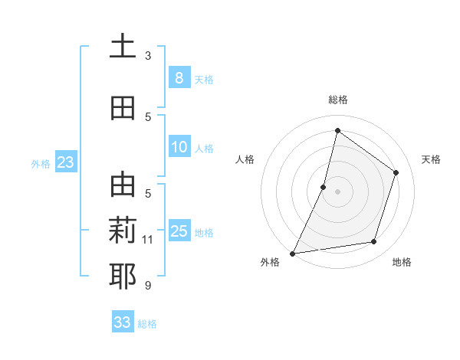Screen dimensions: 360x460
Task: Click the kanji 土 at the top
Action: (x=123, y=46)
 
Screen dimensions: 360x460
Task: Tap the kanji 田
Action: (x=123, y=108)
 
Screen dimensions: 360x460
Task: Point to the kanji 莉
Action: (x=123, y=231)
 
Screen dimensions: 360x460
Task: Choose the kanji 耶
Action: (x=123, y=276)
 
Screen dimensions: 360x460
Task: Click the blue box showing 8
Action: (x=179, y=77)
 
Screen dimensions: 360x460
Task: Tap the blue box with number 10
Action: (x=179, y=147)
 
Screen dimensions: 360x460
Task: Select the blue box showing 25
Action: (x=179, y=231)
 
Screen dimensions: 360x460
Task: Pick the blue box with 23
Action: (x=65, y=162)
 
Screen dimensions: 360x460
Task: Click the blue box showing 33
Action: (x=123, y=322)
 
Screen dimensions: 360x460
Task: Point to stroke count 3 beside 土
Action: (x=148, y=55)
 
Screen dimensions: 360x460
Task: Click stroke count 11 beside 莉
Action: (x=148, y=240)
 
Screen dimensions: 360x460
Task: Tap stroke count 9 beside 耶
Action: (x=148, y=286)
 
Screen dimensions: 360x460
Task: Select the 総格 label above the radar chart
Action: (x=337, y=100)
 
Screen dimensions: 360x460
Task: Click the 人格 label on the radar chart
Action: (x=245, y=159)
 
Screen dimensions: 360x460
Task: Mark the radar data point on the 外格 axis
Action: (x=292, y=253)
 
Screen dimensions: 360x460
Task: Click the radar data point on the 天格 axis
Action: (x=396, y=172)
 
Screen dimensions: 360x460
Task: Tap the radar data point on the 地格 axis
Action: (x=374, y=242)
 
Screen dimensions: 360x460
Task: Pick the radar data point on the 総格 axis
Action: (x=337, y=130)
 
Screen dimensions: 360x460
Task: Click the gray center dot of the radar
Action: (x=337, y=191)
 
